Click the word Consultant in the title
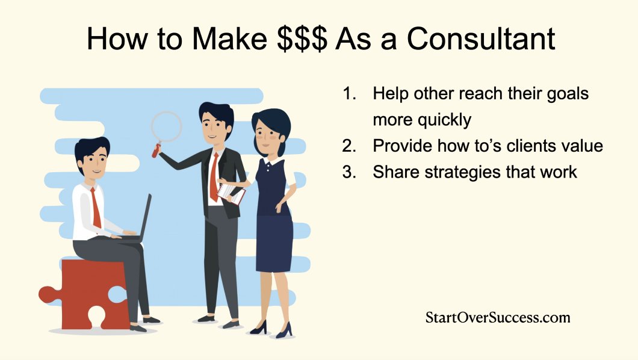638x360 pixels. [x=480, y=39]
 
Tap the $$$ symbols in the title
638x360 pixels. [x=299, y=39]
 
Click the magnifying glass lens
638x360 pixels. [x=166, y=126]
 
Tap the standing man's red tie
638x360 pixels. [x=214, y=178]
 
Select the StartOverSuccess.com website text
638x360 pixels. [x=497, y=317]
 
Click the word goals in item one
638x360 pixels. [x=566, y=94]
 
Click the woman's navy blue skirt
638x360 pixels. [x=274, y=241]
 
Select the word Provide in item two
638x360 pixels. [x=400, y=146]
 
